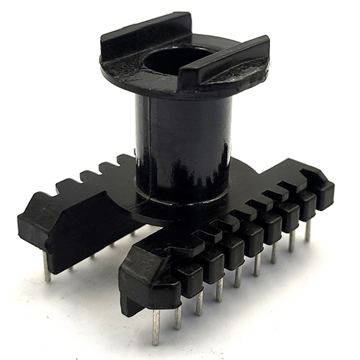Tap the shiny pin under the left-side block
pyautogui.click(x=46, y=266)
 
